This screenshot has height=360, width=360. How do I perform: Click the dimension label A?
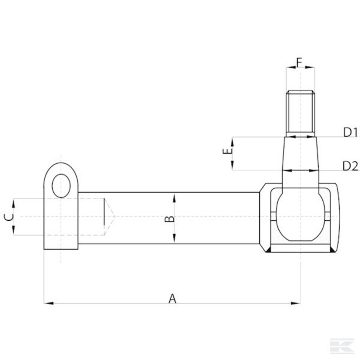pyautogui.click(x=172, y=298)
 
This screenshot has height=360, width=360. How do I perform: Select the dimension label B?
pyautogui.click(x=170, y=219)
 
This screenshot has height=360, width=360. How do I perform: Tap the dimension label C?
pyautogui.click(x=9, y=217)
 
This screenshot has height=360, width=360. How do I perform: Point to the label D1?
pyautogui.click(x=350, y=132)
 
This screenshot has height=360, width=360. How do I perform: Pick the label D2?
pyautogui.click(x=350, y=166)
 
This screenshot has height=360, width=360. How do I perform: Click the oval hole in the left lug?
pyautogui.click(x=61, y=186)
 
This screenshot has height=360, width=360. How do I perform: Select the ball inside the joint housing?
pyautogui.click(x=300, y=216)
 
